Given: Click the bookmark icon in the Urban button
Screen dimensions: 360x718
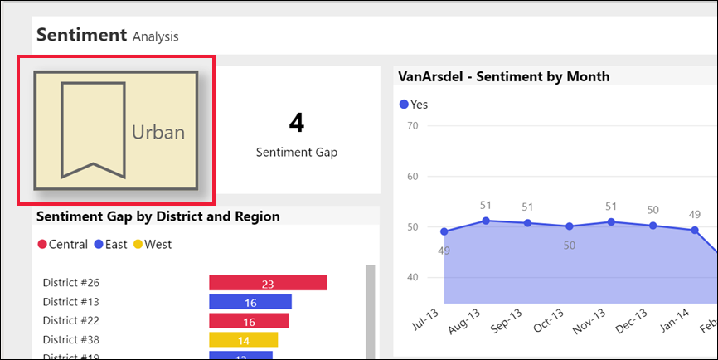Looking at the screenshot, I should coord(93,131).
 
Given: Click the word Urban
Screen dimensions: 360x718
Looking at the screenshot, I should coord(158,133).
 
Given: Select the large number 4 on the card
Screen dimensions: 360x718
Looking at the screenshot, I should coord(296,123).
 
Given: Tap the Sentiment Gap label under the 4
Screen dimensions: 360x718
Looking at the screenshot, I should coord(296,153).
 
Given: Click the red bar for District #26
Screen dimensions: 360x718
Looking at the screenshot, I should coord(268,284).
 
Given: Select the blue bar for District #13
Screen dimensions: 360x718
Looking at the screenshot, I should coord(250,302).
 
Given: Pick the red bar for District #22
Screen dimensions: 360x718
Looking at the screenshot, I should coord(249,321).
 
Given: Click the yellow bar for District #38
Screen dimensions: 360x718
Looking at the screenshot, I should coord(243,340).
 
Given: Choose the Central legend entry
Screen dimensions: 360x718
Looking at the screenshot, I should coord(62,244).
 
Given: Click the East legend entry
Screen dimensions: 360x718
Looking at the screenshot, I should coord(111,244).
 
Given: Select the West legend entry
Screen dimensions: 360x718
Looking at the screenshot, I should coord(153,244).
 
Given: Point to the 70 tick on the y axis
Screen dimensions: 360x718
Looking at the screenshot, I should coord(412,125).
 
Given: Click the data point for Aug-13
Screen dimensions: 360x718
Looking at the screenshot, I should coord(486,221).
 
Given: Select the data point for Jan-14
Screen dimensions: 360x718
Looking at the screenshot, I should coord(695,231).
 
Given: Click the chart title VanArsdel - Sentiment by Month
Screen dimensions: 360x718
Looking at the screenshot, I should coord(504,76).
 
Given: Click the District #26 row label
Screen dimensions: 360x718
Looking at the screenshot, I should coord(70,283).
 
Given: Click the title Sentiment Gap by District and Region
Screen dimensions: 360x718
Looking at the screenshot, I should coord(158,216).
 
